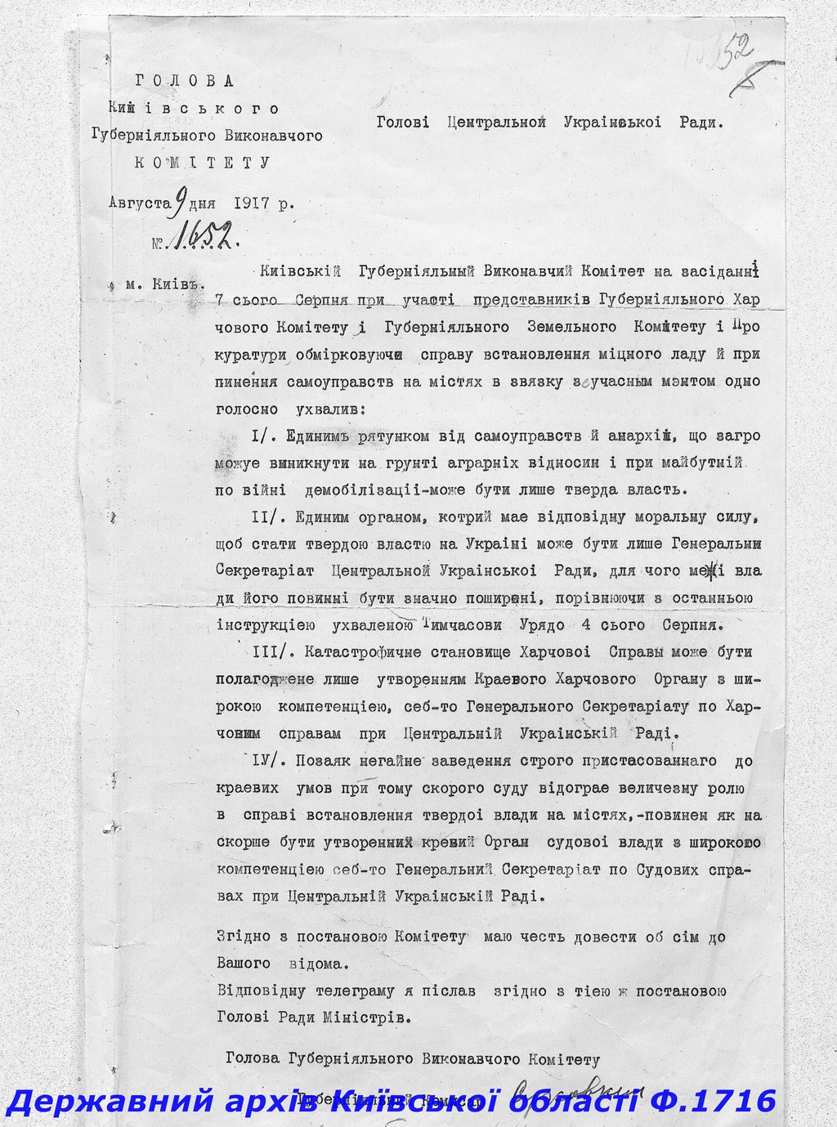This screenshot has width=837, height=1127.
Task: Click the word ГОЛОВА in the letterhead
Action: point(183,81)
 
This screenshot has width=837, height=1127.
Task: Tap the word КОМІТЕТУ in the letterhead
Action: point(201,162)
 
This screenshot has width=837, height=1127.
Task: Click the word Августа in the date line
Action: point(136,203)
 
